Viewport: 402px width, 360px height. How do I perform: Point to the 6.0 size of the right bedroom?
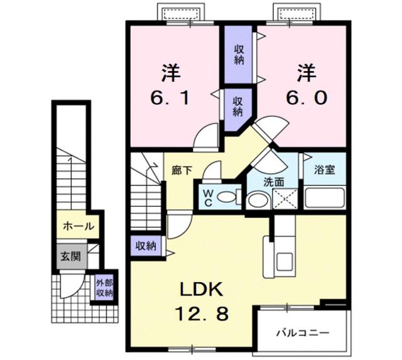(x=306, y=97)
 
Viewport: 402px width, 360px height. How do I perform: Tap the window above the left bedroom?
(x=182, y=13)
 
